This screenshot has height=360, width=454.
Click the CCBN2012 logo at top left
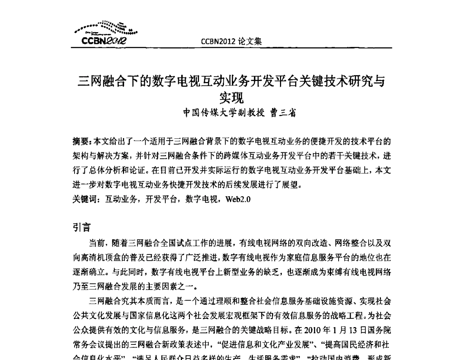point(105,33)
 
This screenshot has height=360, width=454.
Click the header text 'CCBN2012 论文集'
point(232,41)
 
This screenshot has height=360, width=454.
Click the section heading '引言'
point(81,228)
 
